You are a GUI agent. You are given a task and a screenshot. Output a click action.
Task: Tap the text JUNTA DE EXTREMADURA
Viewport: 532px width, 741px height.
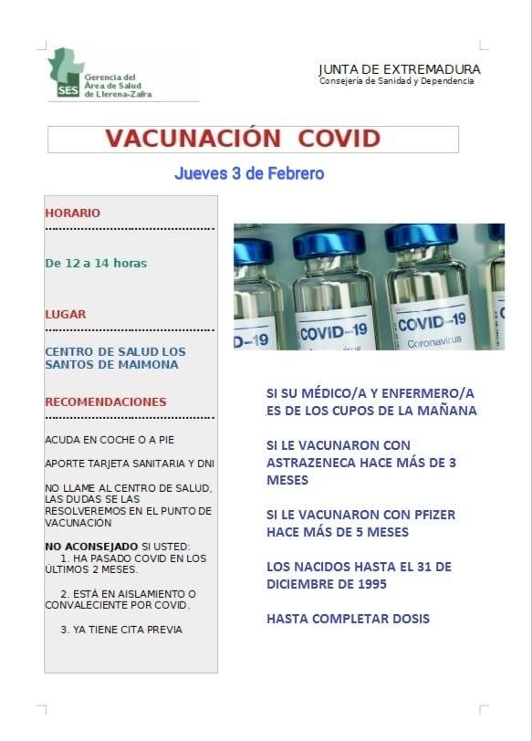coord(399,69)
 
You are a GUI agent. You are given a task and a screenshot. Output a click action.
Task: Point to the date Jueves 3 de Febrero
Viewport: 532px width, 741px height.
coord(249,173)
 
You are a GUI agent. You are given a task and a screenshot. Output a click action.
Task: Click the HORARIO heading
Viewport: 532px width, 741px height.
coord(72,213)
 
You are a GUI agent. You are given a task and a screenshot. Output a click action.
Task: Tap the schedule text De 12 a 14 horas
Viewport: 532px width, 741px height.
coord(96,263)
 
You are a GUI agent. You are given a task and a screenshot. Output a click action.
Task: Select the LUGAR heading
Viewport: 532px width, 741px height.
coord(66,314)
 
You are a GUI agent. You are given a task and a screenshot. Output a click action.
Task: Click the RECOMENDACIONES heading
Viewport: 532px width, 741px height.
coord(106,402)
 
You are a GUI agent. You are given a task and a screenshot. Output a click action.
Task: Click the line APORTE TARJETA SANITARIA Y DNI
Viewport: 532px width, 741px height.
coord(129,464)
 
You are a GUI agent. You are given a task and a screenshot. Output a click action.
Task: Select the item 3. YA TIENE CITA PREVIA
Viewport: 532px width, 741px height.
coord(121,630)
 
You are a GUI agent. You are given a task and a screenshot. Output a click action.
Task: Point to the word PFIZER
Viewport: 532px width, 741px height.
coord(431,515)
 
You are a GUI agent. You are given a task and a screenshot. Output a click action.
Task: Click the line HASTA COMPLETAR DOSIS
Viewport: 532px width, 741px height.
coord(348,619)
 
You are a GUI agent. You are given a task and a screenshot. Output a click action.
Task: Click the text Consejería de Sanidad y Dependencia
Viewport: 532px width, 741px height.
coord(396,82)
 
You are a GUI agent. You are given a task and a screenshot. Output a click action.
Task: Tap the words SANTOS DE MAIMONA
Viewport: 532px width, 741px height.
coord(111,364)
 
